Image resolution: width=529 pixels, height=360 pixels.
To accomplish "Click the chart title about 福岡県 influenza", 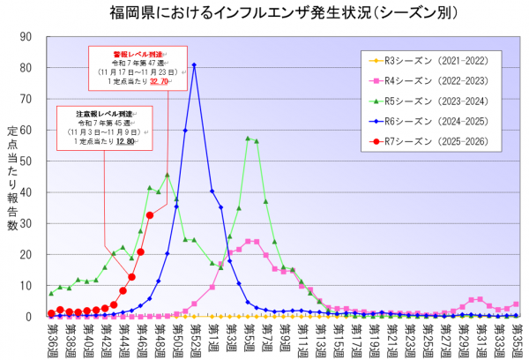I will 264,13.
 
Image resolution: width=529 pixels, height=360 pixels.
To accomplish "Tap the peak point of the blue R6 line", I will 194,64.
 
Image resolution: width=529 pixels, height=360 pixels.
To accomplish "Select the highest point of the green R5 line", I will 248,138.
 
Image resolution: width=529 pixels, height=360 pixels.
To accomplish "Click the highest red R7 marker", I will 150,215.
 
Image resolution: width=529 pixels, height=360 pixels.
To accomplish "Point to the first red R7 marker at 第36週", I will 51,313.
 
